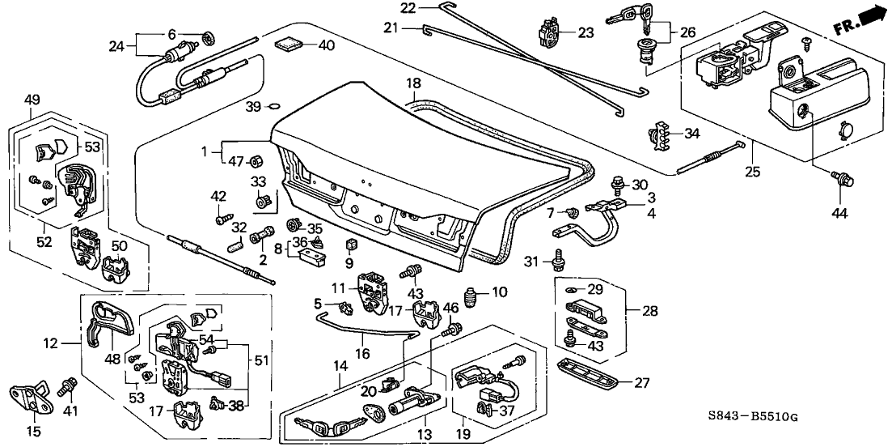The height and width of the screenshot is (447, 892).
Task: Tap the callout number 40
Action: point(326,45)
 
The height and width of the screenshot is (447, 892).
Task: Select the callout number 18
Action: point(413,83)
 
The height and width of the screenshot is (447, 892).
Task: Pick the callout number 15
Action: point(32,432)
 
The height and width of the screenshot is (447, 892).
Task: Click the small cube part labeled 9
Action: point(350,245)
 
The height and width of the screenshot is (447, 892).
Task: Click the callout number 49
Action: point(32,100)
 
